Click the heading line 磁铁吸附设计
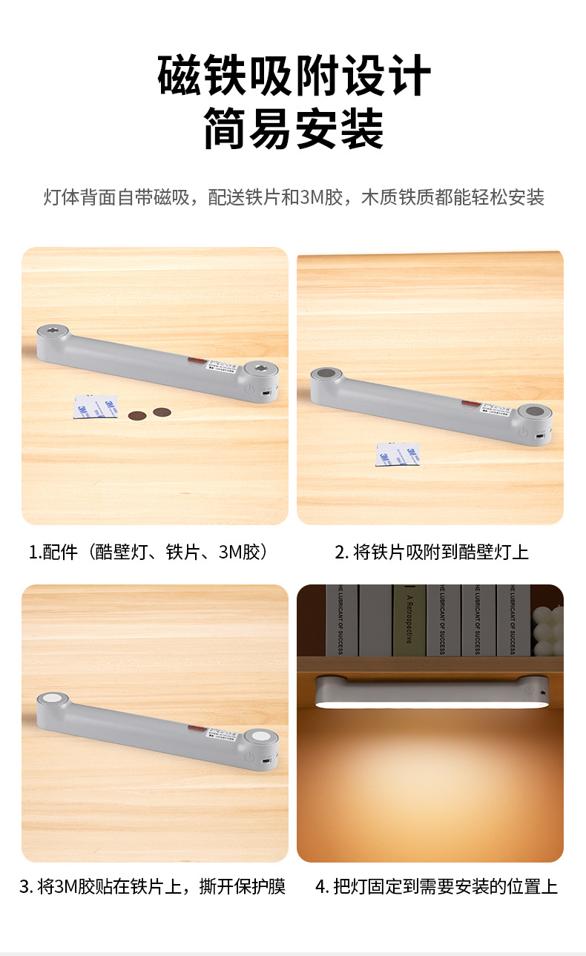point(294,76)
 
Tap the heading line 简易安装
point(294,128)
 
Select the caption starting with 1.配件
point(148,553)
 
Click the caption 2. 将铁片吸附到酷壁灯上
point(431,553)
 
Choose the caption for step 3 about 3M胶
point(152,886)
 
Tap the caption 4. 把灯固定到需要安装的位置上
point(436,886)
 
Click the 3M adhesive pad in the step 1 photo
point(96,406)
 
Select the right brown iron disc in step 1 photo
point(162,411)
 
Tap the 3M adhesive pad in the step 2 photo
point(398,454)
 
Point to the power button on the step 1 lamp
point(250,388)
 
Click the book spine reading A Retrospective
point(408,619)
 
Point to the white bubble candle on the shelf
point(547,630)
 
